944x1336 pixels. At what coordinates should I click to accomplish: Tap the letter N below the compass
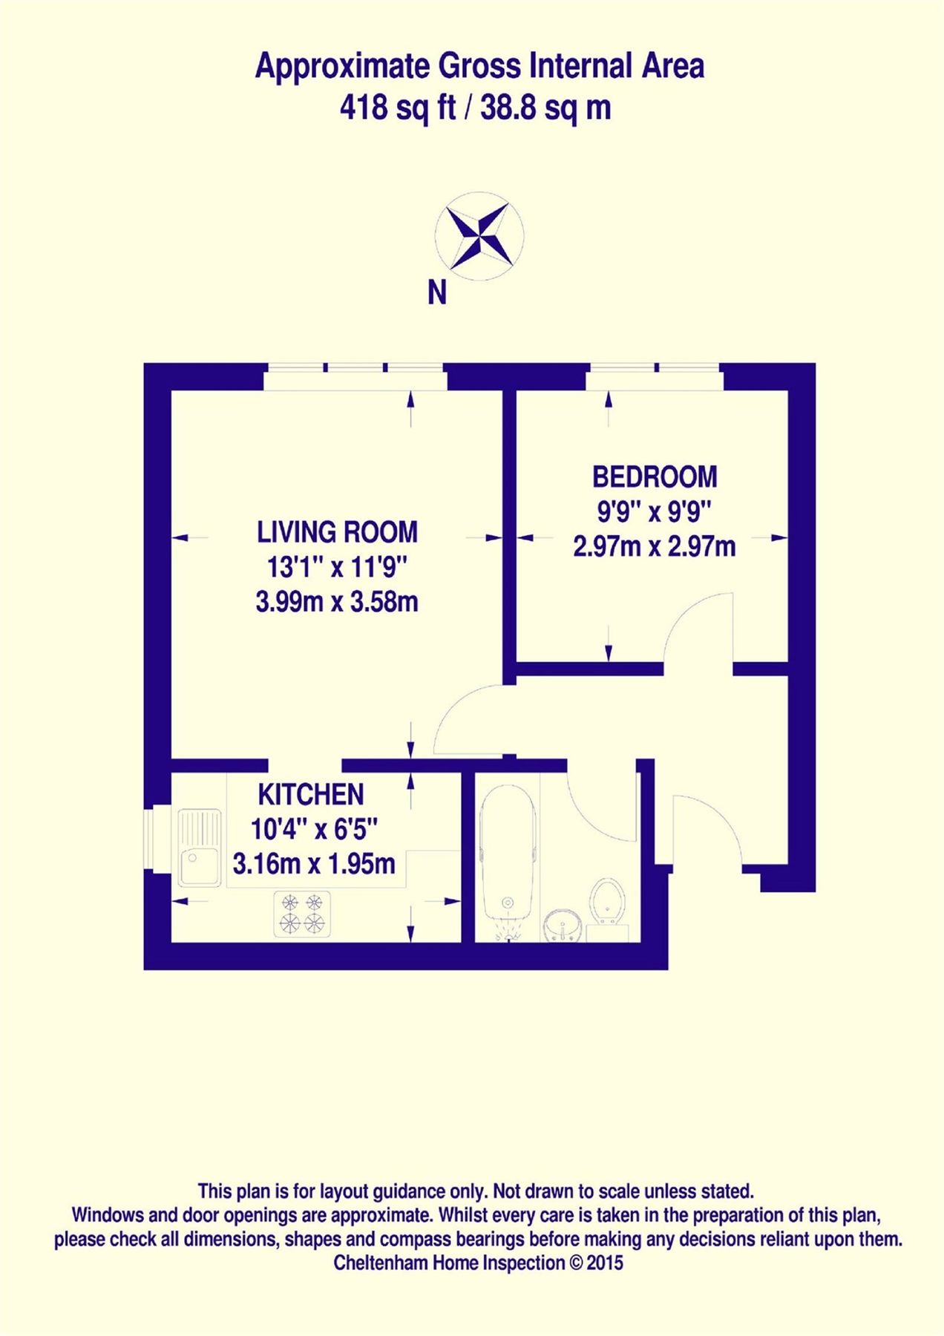[437, 293]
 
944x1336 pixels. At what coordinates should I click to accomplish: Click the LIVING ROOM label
[337, 532]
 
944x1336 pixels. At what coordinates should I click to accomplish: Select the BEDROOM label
[655, 477]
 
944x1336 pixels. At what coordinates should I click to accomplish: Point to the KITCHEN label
[311, 795]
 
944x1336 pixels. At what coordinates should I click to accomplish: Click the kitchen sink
[200, 848]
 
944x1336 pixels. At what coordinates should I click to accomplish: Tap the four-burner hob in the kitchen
[303, 914]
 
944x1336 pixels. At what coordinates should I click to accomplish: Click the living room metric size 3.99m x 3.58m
[337, 602]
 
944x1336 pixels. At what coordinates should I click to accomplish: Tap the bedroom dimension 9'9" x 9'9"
[655, 511]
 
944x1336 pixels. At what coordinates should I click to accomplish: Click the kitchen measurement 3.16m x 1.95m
[314, 864]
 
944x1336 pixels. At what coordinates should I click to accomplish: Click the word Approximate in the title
[342, 67]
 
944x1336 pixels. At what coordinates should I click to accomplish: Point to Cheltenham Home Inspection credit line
[478, 1263]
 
